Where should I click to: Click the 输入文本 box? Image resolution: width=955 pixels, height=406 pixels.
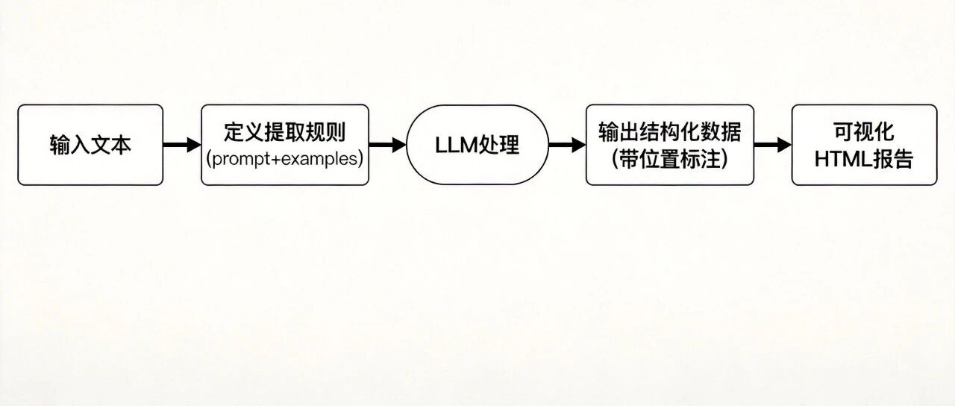(90, 145)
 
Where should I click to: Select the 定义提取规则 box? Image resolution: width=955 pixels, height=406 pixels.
(285, 145)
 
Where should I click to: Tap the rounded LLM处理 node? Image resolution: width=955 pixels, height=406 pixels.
(477, 145)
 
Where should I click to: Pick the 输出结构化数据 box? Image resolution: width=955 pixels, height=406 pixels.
(670, 145)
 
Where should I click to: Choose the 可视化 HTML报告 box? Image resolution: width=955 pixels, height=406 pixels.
(864, 145)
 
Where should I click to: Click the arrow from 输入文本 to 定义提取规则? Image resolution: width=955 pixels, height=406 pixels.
(182, 145)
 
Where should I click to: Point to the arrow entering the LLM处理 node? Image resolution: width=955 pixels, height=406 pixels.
(387, 145)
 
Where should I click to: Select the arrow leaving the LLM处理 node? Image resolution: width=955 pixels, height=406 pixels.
(568, 145)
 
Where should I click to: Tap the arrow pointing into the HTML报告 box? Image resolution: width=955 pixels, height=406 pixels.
(773, 145)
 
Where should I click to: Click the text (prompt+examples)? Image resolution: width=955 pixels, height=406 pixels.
(285, 160)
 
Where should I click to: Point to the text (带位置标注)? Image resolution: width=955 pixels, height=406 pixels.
(669, 160)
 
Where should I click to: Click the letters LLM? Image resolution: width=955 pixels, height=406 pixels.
(455, 146)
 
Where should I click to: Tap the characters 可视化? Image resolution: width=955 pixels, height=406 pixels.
(864, 132)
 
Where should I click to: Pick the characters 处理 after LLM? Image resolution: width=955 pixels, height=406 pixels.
(498, 145)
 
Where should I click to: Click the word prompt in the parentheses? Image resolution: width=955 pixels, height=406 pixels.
(240, 160)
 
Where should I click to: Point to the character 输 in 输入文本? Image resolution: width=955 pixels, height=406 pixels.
(60, 145)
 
